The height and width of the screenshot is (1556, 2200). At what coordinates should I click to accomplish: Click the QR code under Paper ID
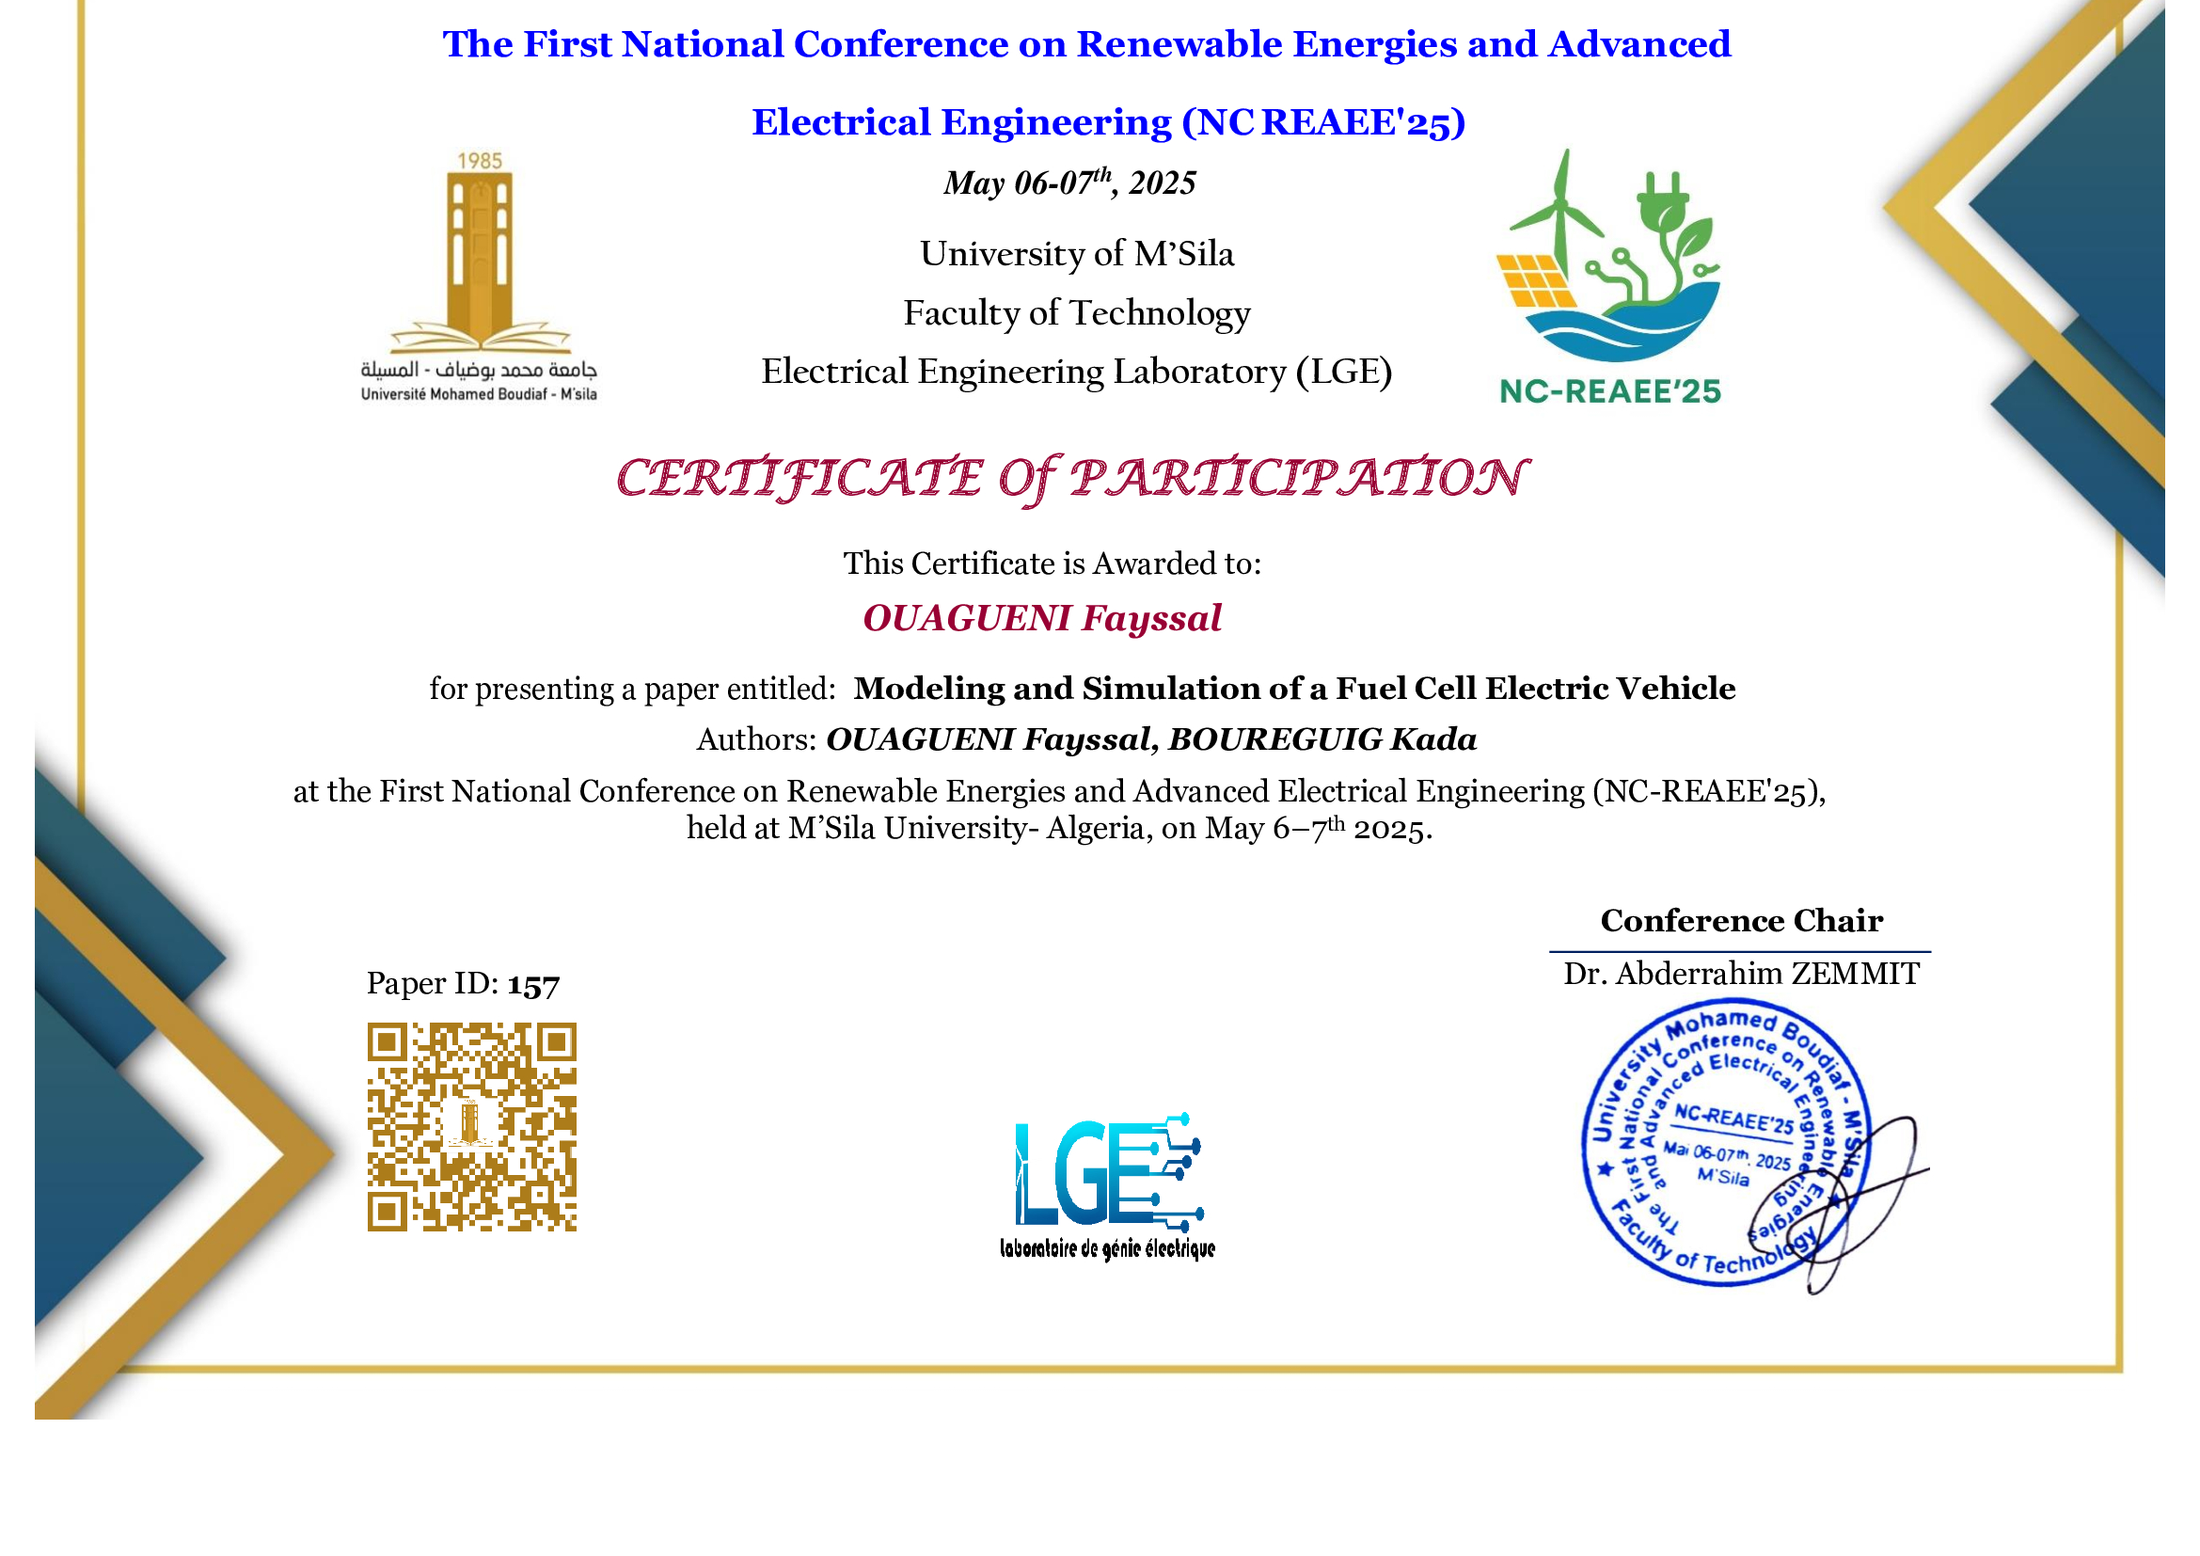tap(471, 1127)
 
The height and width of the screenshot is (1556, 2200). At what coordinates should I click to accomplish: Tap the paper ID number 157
tap(533, 985)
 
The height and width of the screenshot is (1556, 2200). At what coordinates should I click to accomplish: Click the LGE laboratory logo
tap(1107, 1185)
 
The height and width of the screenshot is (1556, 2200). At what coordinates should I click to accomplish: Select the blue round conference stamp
tap(1723, 1142)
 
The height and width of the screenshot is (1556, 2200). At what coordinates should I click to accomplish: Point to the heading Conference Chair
tap(1741, 921)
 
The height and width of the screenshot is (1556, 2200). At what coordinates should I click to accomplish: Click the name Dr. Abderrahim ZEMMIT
tap(1741, 974)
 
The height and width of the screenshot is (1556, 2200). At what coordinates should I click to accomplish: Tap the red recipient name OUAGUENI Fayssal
tap(1041, 619)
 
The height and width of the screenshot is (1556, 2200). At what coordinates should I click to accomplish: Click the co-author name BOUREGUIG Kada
tap(1322, 739)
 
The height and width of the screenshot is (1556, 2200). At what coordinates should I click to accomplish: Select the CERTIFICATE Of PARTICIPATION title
tap(1070, 478)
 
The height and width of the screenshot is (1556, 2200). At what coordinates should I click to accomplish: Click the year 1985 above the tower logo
tap(479, 161)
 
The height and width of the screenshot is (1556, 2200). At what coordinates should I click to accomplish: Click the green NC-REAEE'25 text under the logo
tap(1609, 392)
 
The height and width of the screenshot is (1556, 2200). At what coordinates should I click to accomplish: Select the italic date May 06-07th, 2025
tap(1069, 183)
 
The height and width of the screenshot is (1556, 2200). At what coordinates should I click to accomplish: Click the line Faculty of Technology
tap(1077, 313)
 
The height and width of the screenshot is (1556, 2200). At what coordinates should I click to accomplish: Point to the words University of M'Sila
tap(1077, 254)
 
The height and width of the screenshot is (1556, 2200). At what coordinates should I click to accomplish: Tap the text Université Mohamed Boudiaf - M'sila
tap(478, 395)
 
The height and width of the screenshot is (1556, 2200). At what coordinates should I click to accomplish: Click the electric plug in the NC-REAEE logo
tap(1665, 201)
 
